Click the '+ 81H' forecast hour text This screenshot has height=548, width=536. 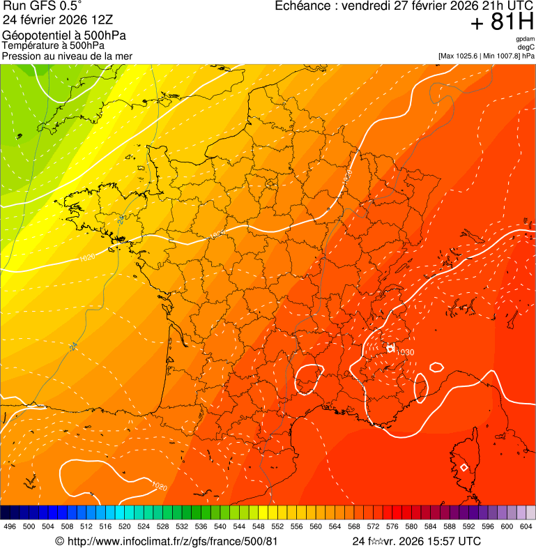(x=502, y=23)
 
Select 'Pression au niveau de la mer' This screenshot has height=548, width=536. (x=68, y=56)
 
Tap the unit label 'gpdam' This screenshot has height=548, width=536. (x=525, y=39)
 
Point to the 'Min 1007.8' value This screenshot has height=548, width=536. (x=500, y=56)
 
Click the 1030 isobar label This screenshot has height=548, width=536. (x=405, y=352)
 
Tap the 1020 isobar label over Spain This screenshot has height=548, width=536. (x=159, y=486)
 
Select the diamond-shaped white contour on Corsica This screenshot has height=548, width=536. (x=464, y=467)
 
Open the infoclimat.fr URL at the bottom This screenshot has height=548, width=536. (x=167, y=541)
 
